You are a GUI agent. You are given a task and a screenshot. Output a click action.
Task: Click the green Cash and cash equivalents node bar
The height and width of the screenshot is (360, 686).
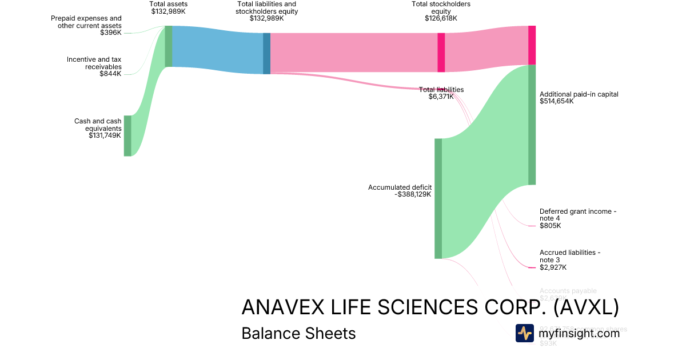127,135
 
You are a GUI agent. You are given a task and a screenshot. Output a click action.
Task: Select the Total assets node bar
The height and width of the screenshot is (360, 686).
169,46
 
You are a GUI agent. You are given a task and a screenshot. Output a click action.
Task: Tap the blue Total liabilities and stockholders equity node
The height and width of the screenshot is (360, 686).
266,53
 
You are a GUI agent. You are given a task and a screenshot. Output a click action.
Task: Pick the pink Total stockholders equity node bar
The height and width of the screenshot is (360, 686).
441,53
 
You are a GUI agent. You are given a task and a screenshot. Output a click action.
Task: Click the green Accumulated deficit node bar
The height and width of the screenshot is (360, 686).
438,198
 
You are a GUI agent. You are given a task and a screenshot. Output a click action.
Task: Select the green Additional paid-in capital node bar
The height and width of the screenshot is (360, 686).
532,125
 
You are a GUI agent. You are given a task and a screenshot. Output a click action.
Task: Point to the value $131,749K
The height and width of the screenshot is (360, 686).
105,135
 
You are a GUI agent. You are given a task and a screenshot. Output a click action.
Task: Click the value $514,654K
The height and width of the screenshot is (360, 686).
556,101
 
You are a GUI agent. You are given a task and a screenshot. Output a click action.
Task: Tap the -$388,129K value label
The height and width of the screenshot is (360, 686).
413,194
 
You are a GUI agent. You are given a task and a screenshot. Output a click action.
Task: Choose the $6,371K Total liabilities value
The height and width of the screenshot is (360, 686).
441,97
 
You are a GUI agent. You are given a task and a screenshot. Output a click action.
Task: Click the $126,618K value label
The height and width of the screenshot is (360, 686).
441,18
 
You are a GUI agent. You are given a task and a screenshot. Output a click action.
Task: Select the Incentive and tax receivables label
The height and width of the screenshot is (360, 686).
94,63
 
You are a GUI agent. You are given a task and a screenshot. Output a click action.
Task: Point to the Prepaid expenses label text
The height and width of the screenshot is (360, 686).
86,22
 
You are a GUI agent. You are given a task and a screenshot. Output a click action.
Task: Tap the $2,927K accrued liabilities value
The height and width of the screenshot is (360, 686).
553,267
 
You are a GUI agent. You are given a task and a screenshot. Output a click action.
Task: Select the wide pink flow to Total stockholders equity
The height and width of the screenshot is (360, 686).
354,53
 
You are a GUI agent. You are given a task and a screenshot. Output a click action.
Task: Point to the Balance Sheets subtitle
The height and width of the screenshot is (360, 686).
298,333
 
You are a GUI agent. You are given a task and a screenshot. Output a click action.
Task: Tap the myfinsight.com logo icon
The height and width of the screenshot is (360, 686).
524,333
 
